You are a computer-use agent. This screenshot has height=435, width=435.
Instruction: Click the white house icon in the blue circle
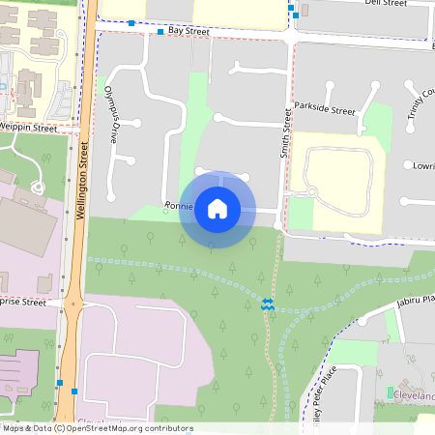[x=217, y=208]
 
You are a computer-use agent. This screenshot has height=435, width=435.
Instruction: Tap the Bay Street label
[x=188, y=32]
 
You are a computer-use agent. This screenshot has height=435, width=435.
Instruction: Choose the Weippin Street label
[x=29, y=127]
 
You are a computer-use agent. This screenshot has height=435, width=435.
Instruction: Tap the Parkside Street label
[x=325, y=109]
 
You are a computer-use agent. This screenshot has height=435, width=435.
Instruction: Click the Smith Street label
[x=286, y=133]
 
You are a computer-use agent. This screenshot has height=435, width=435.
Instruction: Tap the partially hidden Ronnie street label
[x=179, y=206]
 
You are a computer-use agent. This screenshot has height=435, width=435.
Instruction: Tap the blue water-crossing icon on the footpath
[x=268, y=304]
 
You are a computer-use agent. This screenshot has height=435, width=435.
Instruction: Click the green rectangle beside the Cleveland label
[x=391, y=392]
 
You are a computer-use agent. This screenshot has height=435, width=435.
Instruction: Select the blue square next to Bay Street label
[x=160, y=32]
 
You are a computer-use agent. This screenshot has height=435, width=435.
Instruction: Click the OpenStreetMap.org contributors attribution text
[x=126, y=428]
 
